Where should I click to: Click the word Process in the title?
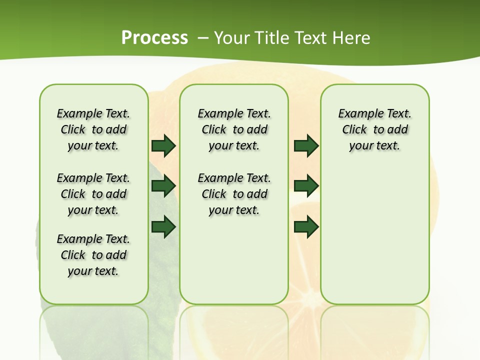tap(154, 38)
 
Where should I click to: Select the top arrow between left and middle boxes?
tap(163, 146)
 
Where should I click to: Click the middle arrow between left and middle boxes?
tap(163, 186)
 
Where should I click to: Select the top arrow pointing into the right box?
tap(306, 146)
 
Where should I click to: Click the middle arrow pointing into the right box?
tap(306, 186)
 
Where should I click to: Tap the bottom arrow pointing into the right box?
tap(306, 227)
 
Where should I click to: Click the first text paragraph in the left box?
tap(93, 129)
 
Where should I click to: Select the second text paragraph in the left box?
tap(93, 194)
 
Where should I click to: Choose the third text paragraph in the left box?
tap(93, 255)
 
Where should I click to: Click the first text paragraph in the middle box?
tap(234, 129)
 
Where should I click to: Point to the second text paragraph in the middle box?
tap(234, 194)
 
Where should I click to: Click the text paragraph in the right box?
tap(374, 129)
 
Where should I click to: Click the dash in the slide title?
tap(203, 38)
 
